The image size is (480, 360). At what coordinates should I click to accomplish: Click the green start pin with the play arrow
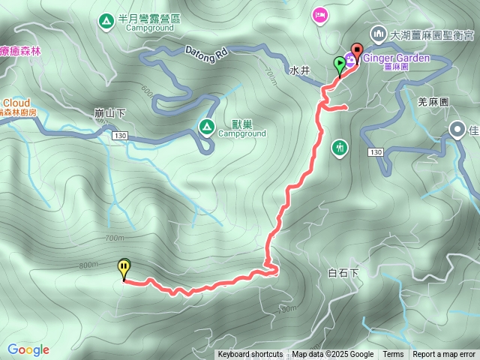[340, 64]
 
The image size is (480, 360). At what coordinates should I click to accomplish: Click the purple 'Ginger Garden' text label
[397, 58]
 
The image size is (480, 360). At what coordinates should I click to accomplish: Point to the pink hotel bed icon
[320, 15]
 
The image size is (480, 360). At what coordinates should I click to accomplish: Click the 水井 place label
[300, 70]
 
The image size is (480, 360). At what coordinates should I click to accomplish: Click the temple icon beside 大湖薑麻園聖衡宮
[377, 34]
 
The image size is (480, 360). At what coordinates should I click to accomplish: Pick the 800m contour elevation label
[87, 265]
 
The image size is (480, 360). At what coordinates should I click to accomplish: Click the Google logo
[28, 349]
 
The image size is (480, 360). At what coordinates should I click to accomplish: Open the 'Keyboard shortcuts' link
[250, 355]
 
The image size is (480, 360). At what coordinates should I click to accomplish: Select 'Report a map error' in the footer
[445, 355]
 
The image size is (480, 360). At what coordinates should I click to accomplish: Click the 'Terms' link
[393, 355]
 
